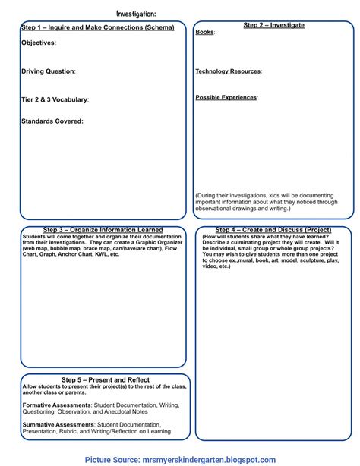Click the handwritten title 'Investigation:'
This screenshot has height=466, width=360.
[x=137, y=13]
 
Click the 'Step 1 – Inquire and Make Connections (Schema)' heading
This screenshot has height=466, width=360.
[x=97, y=27]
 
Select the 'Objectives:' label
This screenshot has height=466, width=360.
[x=38, y=43]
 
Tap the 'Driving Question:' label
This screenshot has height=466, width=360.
[x=48, y=71]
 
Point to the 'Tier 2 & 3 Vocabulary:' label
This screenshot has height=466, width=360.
[x=55, y=99]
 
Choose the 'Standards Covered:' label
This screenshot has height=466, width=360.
[x=52, y=121]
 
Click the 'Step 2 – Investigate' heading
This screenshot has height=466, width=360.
[x=273, y=25]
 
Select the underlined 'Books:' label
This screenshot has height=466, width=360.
[x=204, y=33]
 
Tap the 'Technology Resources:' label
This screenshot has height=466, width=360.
[x=228, y=71]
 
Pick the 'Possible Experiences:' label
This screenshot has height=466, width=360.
[x=226, y=97]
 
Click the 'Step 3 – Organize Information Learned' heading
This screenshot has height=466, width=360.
[x=103, y=230]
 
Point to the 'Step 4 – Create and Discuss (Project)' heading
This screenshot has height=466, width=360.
[x=273, y=230]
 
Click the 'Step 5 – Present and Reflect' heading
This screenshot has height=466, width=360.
[x=105, y=379]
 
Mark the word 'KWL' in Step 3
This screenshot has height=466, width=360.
[x=95, y=254]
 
